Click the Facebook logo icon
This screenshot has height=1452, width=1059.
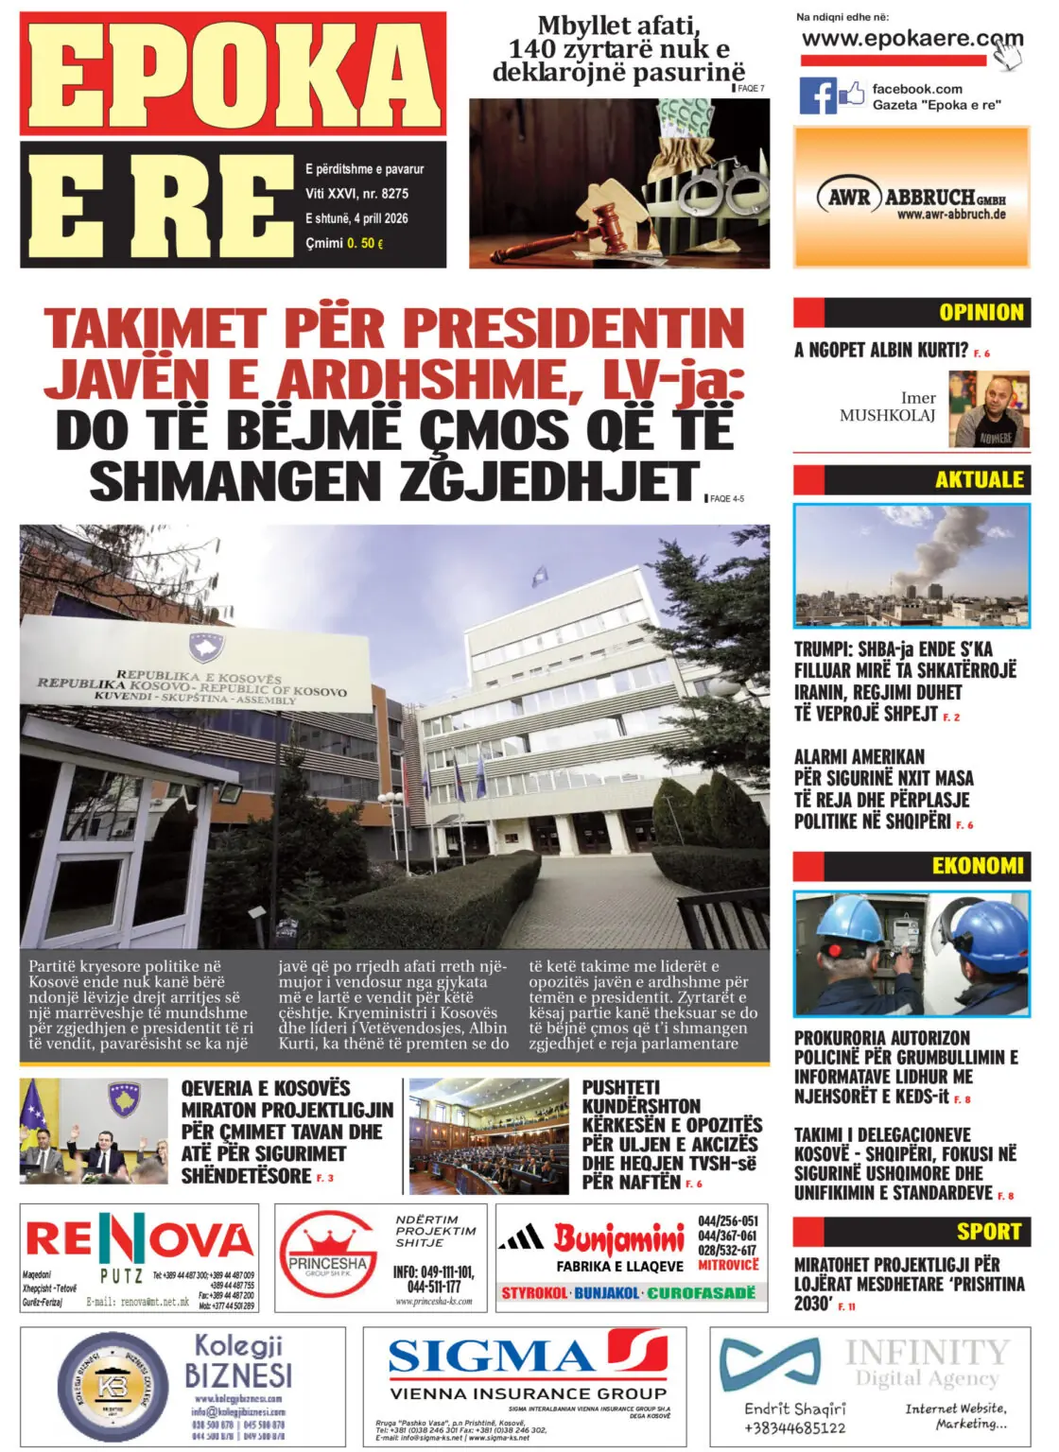pos(819,95)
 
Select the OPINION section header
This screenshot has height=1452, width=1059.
pos(981,312)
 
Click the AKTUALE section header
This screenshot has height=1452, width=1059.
pos(979,479)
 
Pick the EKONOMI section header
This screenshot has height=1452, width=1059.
pos(978,865)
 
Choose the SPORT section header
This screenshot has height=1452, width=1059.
pos(988,1231)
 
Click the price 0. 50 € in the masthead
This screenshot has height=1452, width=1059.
pos(365,243)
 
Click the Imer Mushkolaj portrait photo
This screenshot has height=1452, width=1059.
pos(989,409)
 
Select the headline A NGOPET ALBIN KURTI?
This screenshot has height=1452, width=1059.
pos(881,351)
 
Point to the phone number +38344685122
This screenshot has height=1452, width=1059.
pos(794,1427)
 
